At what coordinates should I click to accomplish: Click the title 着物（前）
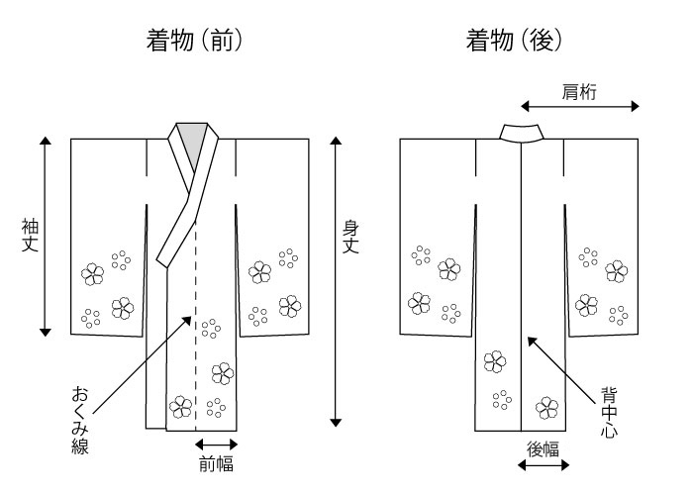pos(194,41)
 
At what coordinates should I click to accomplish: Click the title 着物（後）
pos(514,41)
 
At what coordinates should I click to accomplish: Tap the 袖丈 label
pos(30,236)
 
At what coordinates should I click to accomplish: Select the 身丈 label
pos(350,238)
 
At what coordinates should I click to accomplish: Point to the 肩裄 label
pos(579,92)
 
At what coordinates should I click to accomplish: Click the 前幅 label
pos(216,464)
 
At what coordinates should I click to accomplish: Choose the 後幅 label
pos(544,449)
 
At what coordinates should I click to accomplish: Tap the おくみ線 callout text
pos(80,420)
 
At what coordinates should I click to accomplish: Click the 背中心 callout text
pos(609,413)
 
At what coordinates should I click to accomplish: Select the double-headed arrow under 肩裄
pos(580,106)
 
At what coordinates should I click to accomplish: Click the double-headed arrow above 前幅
pos(217,445)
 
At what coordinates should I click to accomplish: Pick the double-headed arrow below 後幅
pos(544,465)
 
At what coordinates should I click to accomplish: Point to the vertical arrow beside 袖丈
pos(46,237)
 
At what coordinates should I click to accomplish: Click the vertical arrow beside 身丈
pos(336,281)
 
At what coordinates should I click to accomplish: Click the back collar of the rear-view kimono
pos(522,133)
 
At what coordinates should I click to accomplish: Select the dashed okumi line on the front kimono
pos(195,325)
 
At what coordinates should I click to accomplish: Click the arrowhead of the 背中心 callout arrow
pos(530,340)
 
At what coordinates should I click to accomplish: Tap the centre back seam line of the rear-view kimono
pos(522,286)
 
